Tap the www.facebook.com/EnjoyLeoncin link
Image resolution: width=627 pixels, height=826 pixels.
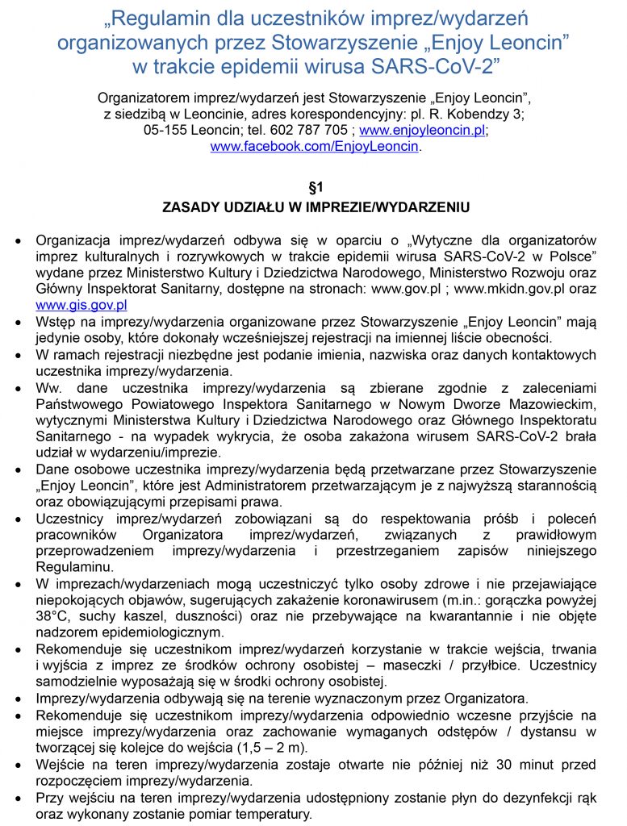click(x=315, y=146)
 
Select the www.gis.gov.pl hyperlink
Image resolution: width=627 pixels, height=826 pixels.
click(x=82, y=305)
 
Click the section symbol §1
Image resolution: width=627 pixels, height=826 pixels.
click(x=315, y=187)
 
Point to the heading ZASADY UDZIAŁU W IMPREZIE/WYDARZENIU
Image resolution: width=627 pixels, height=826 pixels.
click(x=316, y=207)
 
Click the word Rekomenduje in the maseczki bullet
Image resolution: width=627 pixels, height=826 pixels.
click(x=75, y=649)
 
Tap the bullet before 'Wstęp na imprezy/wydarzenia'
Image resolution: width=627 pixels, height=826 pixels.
click(x=18, y=322)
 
